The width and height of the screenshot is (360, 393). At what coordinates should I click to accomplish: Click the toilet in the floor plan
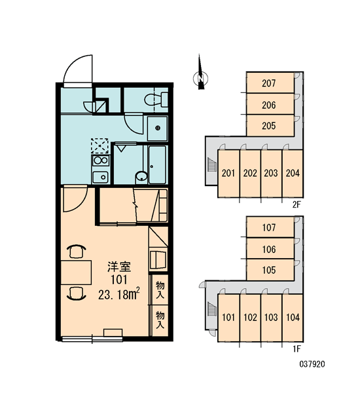click(x=156, y=100)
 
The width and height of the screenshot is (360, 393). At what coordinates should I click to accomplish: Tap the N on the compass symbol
click(x=200, y=78)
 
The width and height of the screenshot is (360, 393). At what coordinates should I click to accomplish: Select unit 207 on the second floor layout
click(x=269, y=83)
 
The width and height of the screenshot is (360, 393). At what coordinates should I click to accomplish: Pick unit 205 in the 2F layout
click(x=269, y=126)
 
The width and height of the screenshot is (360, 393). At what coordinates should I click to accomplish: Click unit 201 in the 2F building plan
click(x=228, y=173)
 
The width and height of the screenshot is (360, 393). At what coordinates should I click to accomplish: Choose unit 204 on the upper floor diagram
click(x=293, y=173)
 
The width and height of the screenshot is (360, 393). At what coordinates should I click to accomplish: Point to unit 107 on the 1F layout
click(x=269, y=227)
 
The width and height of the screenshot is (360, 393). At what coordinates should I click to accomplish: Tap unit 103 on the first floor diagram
click(x=271, y=317)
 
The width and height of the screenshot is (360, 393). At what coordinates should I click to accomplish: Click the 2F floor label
click(x=296, y=205)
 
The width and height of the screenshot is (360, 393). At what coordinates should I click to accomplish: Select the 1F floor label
click(x=297, y=348)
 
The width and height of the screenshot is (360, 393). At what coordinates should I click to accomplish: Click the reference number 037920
click(x=312, y=364)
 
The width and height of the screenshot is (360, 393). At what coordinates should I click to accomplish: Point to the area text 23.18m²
click(x=118, y=294)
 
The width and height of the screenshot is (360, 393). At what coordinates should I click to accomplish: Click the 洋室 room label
click(x=119, y=267)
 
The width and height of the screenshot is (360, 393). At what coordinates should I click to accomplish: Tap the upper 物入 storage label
click(x=160, y=290)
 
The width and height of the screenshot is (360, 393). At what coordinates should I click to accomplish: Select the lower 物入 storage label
click(x=160, y=320)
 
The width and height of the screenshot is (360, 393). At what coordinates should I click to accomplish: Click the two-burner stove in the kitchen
click(x=101, y=160)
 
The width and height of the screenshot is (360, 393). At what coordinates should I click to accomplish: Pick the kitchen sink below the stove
click(x=100, y=178)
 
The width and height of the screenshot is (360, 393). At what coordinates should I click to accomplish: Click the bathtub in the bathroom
click(x=157, y=165)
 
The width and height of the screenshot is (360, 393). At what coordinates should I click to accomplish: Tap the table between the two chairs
click(x=76, y=272)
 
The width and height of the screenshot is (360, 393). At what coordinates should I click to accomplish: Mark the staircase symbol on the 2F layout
click(x=211, y=164)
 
